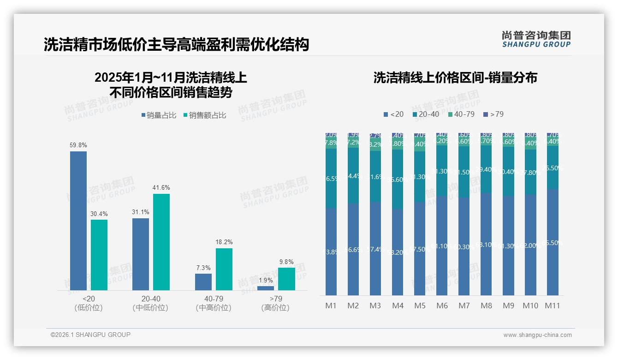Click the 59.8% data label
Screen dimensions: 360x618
78,145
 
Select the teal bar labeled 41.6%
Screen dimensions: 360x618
161,242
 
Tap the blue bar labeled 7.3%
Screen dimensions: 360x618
203,282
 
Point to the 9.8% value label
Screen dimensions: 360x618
286,262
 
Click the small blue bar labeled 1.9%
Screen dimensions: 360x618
266,288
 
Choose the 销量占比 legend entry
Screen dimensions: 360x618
159,115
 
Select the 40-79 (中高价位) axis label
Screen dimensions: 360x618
213,303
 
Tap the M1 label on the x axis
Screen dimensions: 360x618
331,306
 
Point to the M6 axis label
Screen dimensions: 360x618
442,306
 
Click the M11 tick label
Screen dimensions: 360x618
553,306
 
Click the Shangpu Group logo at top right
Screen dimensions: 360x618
536,39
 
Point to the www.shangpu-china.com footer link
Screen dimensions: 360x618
537,335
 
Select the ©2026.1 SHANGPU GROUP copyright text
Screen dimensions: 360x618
90,335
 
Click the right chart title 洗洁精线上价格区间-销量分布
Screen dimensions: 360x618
455,78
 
